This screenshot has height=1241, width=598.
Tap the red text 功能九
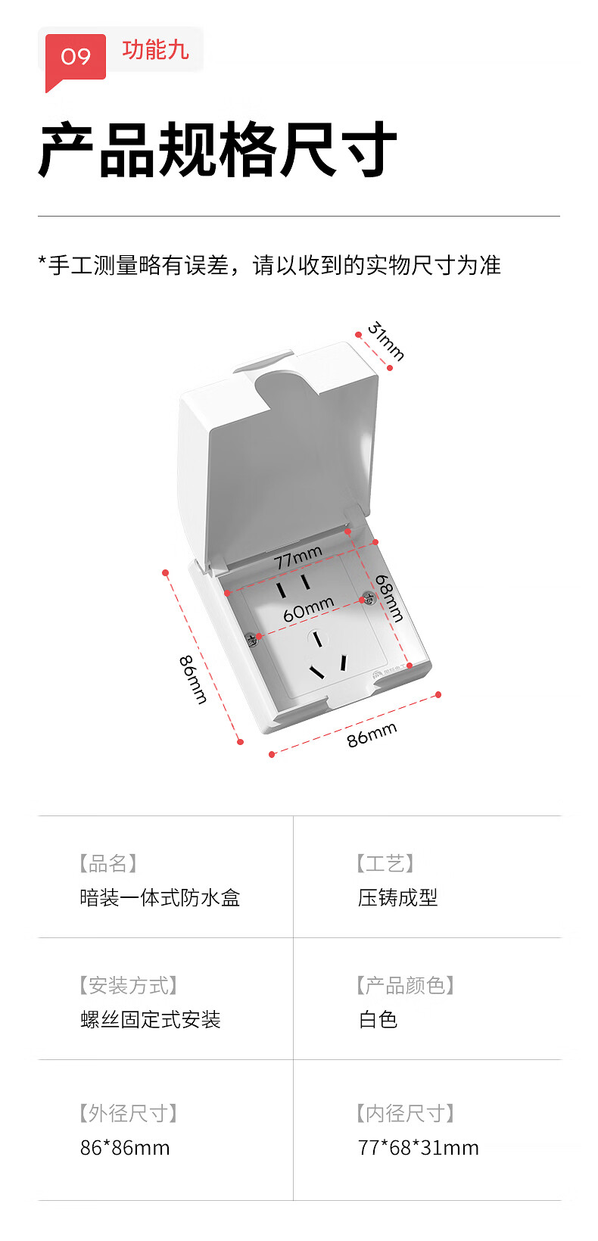coord(156,50)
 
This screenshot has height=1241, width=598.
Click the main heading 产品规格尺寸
coord(217,149)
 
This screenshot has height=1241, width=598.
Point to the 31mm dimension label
coord(386,340)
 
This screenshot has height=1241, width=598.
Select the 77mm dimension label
coord(298,557)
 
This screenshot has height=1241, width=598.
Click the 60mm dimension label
coord(308,609)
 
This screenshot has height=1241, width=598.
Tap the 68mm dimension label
coord(389,598)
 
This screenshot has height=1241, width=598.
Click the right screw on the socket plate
coord(368,598)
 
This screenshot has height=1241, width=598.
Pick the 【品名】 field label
coord(108,863)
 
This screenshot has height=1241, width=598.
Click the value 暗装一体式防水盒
coord(160,897)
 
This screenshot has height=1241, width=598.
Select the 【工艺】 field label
coord(385,863)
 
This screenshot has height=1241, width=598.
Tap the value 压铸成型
coord(397,897)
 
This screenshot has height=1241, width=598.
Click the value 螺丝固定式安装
coord(151,1019)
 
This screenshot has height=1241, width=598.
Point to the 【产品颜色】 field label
coord(406,986)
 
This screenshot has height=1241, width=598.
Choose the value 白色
coord(378,1019)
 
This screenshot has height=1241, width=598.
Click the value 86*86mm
coord(125,1148)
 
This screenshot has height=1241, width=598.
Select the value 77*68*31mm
coord(418,1148)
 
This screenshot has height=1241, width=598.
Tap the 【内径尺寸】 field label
coord(406,1113)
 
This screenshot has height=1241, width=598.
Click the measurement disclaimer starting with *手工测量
coord(269,265)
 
